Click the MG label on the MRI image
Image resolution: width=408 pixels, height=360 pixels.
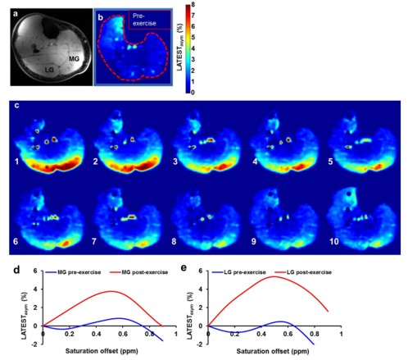[74, 58]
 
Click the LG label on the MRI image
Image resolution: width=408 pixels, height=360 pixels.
[49, 70]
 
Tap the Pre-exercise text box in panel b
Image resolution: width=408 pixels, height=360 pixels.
[150, 20]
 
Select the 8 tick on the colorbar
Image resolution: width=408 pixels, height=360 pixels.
[193, 4]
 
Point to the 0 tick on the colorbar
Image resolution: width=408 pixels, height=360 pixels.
[193, 93]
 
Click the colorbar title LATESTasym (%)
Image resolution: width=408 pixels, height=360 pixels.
[180, 48]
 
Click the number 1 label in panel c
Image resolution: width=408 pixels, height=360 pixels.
[16, 162]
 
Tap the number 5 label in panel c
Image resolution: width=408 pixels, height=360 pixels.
[330, 162]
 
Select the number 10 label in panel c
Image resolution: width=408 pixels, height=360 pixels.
[334, 241]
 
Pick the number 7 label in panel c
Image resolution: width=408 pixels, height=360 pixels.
[94, 241]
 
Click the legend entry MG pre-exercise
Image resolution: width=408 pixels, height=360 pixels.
[73, 272]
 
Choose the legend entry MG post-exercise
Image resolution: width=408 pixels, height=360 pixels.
[139, 272]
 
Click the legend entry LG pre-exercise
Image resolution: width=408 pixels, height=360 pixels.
[239, 272]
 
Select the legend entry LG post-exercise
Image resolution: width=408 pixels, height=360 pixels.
[303, 272]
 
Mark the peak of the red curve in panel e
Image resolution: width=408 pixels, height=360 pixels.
[274, 276]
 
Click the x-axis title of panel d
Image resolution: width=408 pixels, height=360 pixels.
[102, 351]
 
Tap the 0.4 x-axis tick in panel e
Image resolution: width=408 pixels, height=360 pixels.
[261, 334]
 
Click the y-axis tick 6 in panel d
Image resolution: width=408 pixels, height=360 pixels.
[35, 271]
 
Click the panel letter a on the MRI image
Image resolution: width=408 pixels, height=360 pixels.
[16, 14]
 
